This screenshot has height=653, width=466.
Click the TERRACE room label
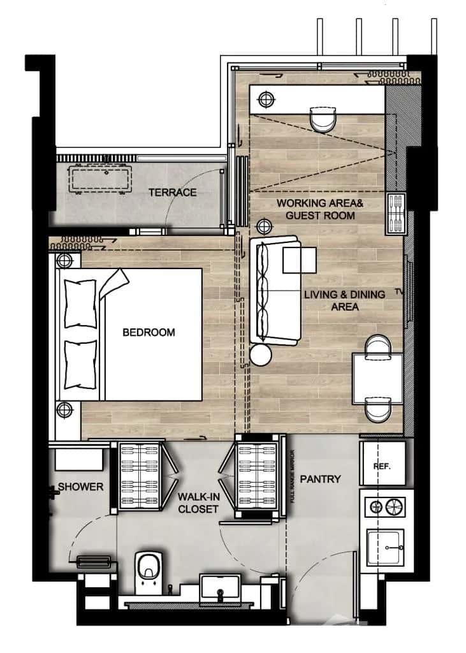[172, 193]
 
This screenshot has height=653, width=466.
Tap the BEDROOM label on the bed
[149, 332]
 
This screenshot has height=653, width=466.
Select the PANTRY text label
[320, 479]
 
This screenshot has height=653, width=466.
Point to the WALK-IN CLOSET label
[198, 503]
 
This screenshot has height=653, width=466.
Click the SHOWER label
[80, 487]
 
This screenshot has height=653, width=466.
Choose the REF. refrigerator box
[381, 466]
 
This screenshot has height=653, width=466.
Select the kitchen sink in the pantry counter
[384, 547]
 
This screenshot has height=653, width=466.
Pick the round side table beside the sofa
[261, 355]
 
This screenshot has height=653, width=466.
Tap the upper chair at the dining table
[377, 344]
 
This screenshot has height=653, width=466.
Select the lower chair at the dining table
[377, 408]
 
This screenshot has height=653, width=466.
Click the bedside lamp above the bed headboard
[63, 260]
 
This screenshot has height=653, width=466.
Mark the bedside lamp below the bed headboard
[63, 409]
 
